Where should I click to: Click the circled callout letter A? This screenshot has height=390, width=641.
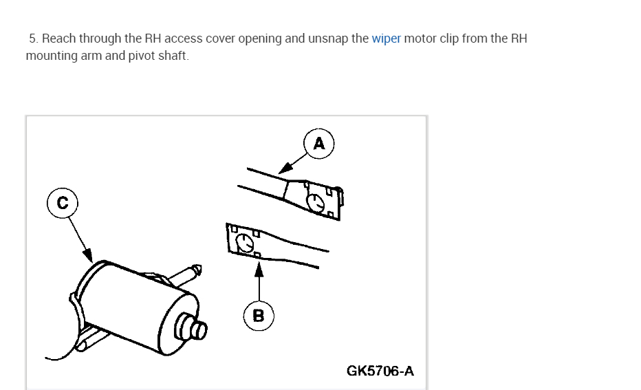point(318,143)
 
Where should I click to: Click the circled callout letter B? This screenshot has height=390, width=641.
point(259,316)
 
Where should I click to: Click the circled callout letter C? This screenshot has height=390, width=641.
point(63,203)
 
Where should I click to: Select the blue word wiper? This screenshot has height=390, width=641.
point(386,39)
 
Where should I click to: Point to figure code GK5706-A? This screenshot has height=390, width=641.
point(380,371)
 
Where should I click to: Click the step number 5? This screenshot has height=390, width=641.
point(32,39)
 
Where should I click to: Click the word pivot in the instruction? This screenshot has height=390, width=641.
point(142,56)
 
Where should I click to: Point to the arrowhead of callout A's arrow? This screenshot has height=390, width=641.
point(281,171)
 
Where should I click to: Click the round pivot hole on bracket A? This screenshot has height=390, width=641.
point(316,202)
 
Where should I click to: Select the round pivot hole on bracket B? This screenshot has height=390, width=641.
point(243,242)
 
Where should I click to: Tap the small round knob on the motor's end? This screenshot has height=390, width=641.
point(195,329)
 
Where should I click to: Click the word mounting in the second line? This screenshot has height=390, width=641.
point(52,56)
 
